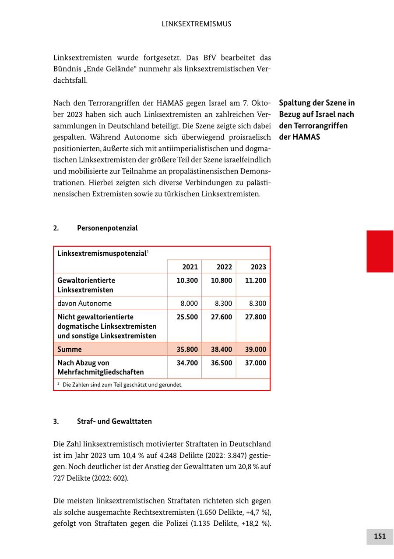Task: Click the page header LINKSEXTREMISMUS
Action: tap(197, 24)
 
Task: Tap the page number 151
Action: tap(380, 536)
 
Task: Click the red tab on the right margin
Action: tap(380, 251)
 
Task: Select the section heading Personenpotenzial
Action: tap(107, 228)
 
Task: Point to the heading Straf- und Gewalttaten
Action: tap(114, 421)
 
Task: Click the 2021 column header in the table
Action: tap(190, 267)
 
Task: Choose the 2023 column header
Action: tap(258, 267)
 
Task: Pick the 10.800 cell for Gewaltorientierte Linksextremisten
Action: tap(222, 280)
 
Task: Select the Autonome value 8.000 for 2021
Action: tap(189, 303)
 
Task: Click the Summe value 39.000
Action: tap(255, 349)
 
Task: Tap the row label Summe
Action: tap(70, 349)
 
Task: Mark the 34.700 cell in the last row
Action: tap(187, 363)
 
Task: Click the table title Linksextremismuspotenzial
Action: tap(102, 253)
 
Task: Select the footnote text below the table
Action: tap(122, 385)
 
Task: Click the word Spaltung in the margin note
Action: tap(295, 103)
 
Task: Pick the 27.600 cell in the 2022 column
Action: tap(222, 317)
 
